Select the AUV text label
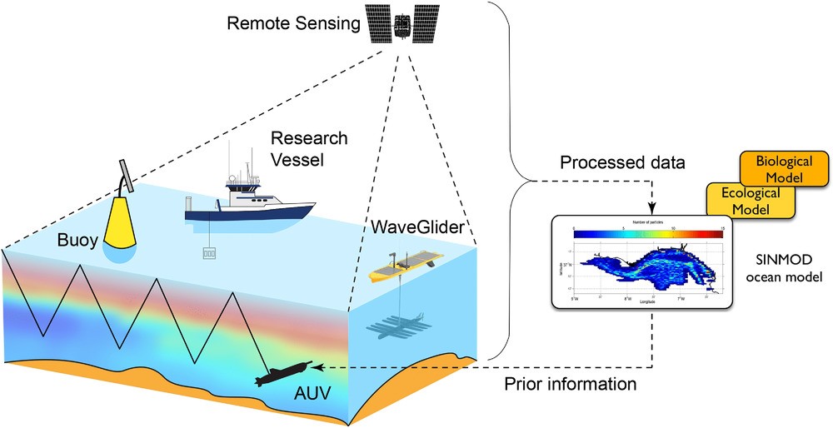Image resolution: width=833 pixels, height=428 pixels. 302,403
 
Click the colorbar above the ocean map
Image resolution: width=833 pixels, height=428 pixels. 643,234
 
